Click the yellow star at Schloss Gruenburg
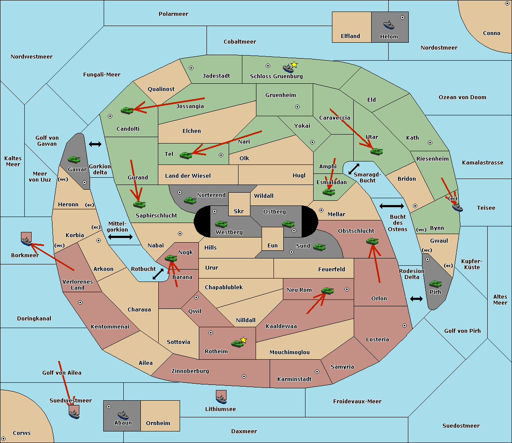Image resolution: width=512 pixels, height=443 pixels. [x=294, y=65]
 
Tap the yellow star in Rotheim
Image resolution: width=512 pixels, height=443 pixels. [x=243, y=340]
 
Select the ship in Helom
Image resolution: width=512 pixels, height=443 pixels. [x=389, y=25]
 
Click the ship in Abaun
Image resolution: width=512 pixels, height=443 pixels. [x=123, y=415]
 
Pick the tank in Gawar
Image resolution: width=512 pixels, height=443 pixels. [x=74, y=159]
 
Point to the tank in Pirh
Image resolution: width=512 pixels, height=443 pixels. [x=435, y=284]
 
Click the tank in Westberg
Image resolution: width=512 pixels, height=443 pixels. [x=221, y=224]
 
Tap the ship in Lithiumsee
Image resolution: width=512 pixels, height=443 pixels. [x=221, y=397]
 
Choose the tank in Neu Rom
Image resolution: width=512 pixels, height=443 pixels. [x=327, y=290]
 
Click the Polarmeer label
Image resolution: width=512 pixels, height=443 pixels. [x=173, y=14]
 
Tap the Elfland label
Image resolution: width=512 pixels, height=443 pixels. [x=350, y=36]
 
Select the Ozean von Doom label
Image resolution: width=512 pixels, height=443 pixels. [x=462, y=97]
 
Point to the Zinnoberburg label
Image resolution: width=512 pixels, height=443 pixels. [x=190, y=371]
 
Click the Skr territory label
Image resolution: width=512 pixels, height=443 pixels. [x=239, y=211]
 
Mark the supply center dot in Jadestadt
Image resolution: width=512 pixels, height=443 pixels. [x=191, y=68]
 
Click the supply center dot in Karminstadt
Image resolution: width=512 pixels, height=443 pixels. [x=317, y=372]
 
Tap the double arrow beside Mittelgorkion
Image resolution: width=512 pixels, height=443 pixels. [x=120, y=237]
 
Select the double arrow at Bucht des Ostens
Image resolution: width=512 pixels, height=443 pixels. [x=391, y=206]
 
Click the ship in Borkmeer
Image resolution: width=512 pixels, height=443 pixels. [x=26, y=239]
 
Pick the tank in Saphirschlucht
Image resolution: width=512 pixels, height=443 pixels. [x=139, y=204]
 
